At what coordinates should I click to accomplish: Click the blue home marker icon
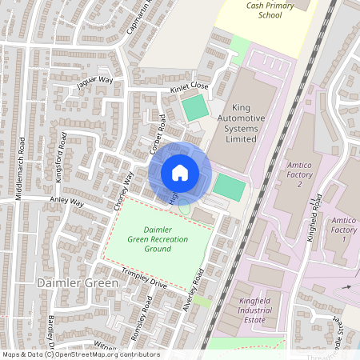pyautogui.click(x=180, y=172)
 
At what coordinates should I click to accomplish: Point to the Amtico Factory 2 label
pyautogui.click(x=289, y=174)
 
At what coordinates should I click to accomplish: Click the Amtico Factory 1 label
pyautogui.click(x=344, y=230)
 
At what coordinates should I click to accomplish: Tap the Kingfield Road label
pyautogui.click(x=318, y=206)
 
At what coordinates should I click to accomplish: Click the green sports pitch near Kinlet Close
pyautogui.click(x=194, y=108)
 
